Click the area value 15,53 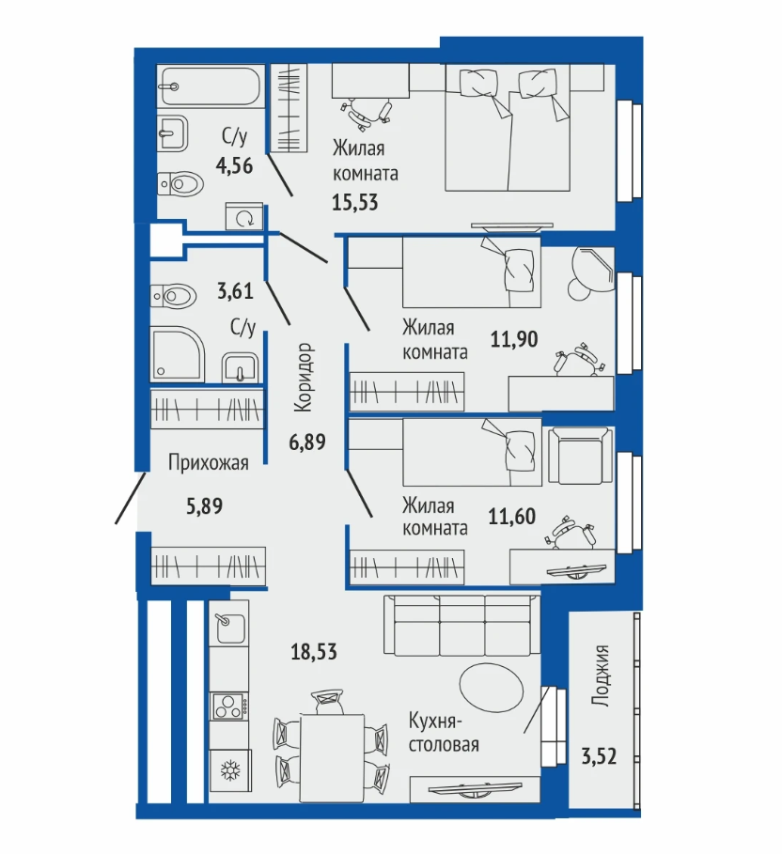354,203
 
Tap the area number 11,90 514,339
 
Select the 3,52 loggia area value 599,757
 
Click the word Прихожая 208,463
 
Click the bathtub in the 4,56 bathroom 211,85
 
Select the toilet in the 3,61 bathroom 173,296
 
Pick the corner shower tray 178,354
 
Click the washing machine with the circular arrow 243,217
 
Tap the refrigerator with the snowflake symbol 230,771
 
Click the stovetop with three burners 229,706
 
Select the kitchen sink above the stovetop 229,628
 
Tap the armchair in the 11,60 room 580,455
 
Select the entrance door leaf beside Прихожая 131,498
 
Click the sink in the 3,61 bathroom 241,367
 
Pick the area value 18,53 314,651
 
